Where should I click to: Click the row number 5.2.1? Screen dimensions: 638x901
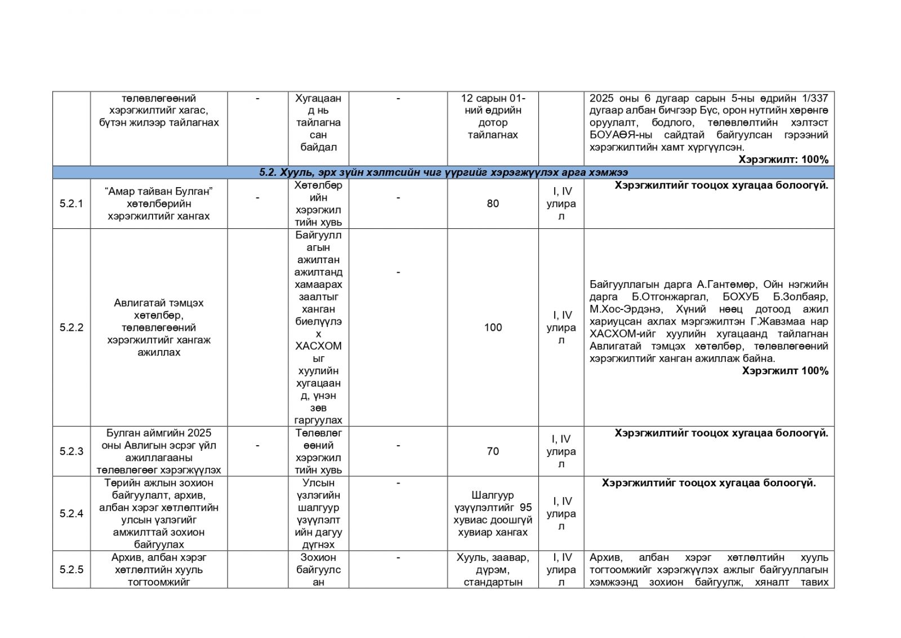pos(71,203)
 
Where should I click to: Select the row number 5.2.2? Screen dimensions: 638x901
pos(71,327)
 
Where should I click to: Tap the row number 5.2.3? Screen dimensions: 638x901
pos(71,451)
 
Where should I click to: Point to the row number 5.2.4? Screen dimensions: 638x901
pos(71,513)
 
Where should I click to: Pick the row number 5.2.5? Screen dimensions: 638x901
pos(71,569)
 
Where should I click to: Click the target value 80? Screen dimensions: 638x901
pos(493,203)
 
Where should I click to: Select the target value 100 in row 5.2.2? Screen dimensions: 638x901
pos(493,327)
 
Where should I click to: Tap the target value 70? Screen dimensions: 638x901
pos(493,451)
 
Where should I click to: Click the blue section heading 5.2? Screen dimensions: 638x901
pos(443,172)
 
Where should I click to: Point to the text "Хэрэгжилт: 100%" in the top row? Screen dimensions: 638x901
pos(783,159)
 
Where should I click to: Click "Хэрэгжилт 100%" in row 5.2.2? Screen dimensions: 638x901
pos(785,371)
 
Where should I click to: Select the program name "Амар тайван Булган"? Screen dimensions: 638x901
pos(159,191)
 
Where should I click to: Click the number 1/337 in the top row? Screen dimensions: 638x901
pos(815,98)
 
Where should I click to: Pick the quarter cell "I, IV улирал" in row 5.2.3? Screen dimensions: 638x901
pos(561,451)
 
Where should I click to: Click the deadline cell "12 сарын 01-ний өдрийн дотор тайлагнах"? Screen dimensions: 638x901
pos(493,116)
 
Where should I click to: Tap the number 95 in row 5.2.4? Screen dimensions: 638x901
pos(526,507)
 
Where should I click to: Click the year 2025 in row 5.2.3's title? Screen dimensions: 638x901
pos(199,433)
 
